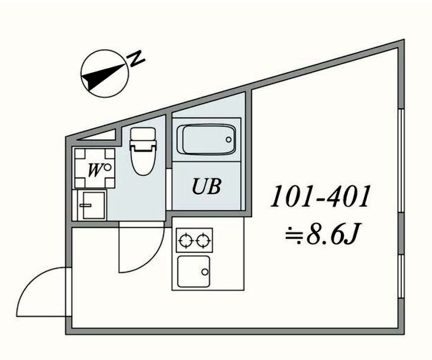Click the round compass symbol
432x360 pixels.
coord(104,72)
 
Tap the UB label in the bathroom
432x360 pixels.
coord(206,188)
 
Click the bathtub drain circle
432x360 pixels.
coord(228,140)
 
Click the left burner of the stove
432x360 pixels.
coord(186,240)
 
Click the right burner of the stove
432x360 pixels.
coord(203,240)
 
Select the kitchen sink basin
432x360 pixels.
coord(194,271)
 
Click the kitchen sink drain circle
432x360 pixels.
coord(205,272)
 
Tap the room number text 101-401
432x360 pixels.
coord(320,197)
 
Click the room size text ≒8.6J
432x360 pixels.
coord(320,235)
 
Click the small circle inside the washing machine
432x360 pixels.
coord(107,167)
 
